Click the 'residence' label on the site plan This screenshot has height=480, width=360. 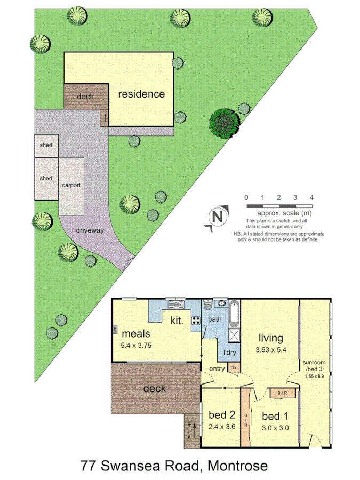(141, 94)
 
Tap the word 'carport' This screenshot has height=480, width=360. (71, 185)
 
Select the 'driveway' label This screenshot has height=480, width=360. (90, 231)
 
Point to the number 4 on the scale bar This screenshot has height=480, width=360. (311, 198)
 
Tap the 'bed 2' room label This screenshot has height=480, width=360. (221, 415)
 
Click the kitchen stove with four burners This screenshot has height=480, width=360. (196, 321)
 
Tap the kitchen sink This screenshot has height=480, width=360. (176, 305)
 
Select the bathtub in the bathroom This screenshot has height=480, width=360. (234, 315)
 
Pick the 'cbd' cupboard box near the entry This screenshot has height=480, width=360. (234, 367)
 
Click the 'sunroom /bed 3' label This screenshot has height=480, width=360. (314, 365)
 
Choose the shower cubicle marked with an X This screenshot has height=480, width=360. (235, 335)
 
